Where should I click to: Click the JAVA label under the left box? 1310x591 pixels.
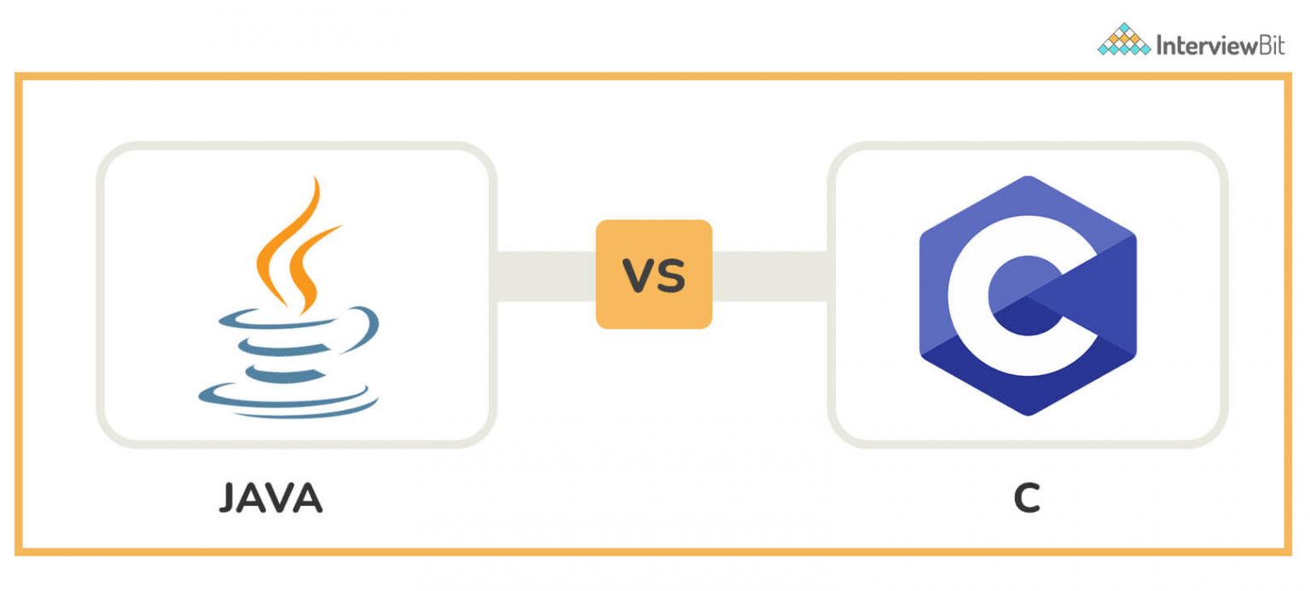click(x=270, y=499)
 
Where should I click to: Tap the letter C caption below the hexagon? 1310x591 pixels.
click(x=1027, y=499)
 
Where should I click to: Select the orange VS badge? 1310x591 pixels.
click(x=653, y=274)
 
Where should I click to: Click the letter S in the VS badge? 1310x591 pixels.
click(x=671, y=275)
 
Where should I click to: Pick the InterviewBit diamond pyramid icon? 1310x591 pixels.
click(x=1123, y=40)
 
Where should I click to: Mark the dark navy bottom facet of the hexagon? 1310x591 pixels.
click(x=1027, y=388)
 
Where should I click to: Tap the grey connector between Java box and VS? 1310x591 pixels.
click(x=546, y=275)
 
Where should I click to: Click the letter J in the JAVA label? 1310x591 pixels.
click(x=229, y=499)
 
